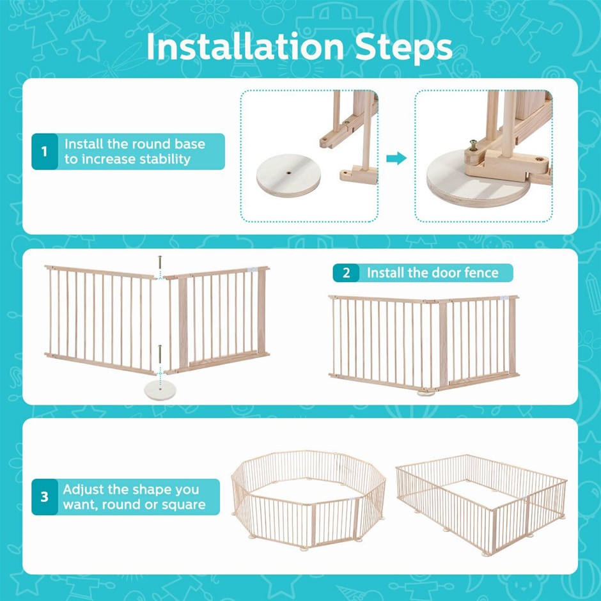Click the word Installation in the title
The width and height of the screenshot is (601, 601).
click(246, 47)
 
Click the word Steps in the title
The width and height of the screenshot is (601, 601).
click(404, 48)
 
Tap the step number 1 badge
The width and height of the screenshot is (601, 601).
click(45, 152)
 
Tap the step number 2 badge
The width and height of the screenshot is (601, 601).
click(346, 273)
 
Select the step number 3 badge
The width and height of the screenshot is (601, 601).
click(45, 497)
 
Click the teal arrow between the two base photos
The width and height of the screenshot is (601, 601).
click(396, 158)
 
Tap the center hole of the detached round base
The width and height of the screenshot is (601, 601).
click(288, 173)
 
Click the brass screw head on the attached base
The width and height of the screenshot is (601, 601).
click(474, 143)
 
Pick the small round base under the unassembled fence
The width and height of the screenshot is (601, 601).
click(160, 390)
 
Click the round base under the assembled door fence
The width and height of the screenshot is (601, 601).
click(426, 393)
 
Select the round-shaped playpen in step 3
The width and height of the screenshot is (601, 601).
click(309, 500)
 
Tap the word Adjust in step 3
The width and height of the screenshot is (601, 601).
click(82, 490)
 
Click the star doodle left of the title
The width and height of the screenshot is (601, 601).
click(88, 46)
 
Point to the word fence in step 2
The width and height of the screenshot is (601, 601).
click(481, 273)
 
